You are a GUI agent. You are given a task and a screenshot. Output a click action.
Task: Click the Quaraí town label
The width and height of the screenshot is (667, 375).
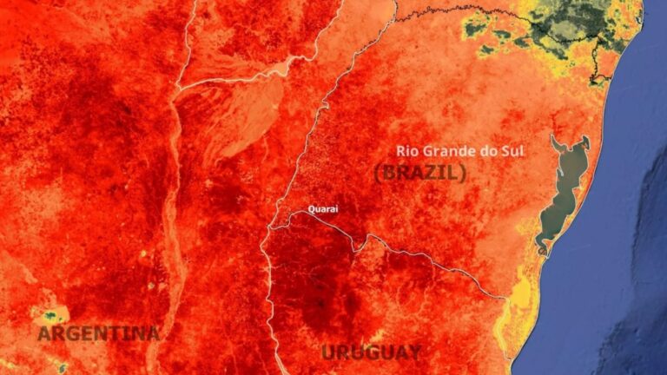point(323,208)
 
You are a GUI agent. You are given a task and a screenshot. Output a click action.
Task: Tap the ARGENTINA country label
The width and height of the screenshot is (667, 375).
point(98,332)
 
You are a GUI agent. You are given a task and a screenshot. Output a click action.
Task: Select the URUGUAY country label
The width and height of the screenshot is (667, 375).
point(371,352)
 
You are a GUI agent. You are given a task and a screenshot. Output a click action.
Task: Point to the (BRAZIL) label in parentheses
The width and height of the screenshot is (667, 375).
point(420,172)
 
